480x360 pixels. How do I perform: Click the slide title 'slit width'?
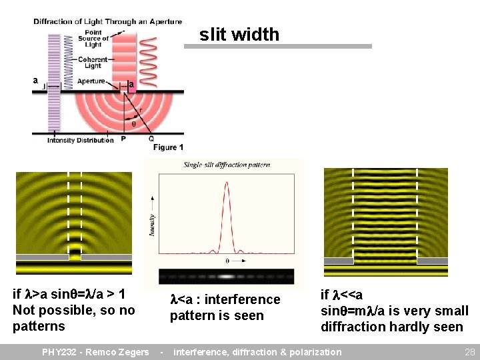[x=239, y=35]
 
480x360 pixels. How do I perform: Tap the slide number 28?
[x=469, y=352]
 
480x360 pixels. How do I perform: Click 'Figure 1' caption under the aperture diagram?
[x=168, y=147]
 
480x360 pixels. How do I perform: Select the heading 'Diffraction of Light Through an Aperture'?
[x=107, y=21]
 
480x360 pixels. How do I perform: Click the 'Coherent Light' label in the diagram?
[x=93, y=63]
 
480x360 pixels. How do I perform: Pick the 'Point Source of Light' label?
[x=93, y=38]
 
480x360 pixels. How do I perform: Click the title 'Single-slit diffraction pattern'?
[x=227, y=165]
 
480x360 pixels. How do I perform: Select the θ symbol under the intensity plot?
[x=227, y=261]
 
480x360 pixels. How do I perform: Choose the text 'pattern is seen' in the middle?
[x=217, y=315]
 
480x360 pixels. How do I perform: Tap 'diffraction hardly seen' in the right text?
[x=391, y=327]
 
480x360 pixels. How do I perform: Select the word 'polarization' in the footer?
[x=311, y=352]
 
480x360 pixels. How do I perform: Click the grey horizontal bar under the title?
[x=278, y=47]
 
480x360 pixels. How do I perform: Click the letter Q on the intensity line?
[x=152, y=139]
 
